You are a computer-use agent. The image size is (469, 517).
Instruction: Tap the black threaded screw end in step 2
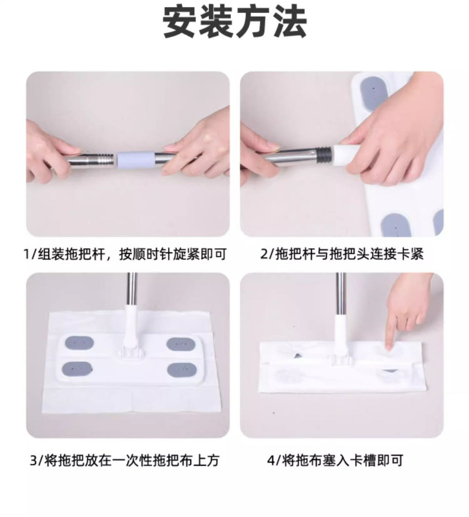click(325, 153)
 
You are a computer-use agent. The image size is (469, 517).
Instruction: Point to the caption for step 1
click(125, 255)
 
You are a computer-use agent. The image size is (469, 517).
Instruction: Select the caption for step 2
click(342, 254)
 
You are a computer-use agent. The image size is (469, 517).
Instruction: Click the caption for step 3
click(124, 460)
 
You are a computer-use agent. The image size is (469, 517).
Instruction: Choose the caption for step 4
click(335, 460)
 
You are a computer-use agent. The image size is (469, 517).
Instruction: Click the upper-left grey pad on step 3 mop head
click(78, 343)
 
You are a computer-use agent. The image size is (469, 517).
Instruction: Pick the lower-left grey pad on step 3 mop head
click(77, 368)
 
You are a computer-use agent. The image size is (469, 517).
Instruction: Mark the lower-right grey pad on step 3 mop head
click(180, 370)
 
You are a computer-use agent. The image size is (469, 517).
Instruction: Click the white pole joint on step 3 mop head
click(132, 330)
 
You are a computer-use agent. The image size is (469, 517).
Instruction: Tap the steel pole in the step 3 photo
click(132, 289)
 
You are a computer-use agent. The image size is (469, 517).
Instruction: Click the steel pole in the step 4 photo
click(341, 294)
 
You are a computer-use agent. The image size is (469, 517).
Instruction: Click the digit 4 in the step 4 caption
click(270, 460)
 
